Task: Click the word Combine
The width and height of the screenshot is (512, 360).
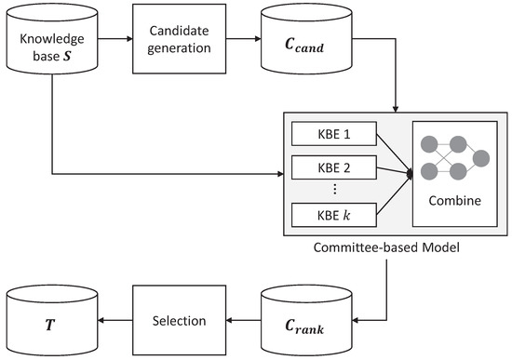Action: [453, 200]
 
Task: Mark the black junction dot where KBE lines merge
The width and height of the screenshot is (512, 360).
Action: [410, 173]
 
